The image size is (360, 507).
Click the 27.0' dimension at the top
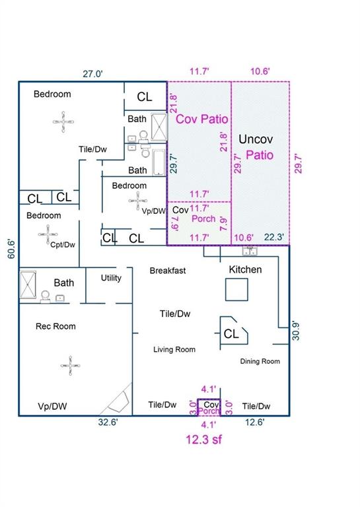(92, 74)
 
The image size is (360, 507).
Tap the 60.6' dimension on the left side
(11, 249)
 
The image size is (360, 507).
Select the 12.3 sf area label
(203, 439)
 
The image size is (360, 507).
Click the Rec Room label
(55, 326)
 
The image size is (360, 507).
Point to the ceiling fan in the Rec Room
(70, 366)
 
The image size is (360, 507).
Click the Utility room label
(111, 278)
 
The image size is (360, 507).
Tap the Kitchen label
(245, 269)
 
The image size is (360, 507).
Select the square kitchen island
(236, 290)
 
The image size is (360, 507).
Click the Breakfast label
(168, 271)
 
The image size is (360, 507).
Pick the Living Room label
(174, 349)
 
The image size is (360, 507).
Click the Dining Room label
(260, 362)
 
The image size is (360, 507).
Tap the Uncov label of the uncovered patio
(256, 139)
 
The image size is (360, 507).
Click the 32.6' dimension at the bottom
(108, 422)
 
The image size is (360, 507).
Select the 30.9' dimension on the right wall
(296, 331)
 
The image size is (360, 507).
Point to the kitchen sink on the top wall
(250, 251)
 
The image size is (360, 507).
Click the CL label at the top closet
(144, 96)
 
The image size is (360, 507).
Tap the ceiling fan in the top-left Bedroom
(63, 122)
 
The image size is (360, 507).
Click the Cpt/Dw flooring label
(63, 245)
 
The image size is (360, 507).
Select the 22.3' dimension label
(273, 238)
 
